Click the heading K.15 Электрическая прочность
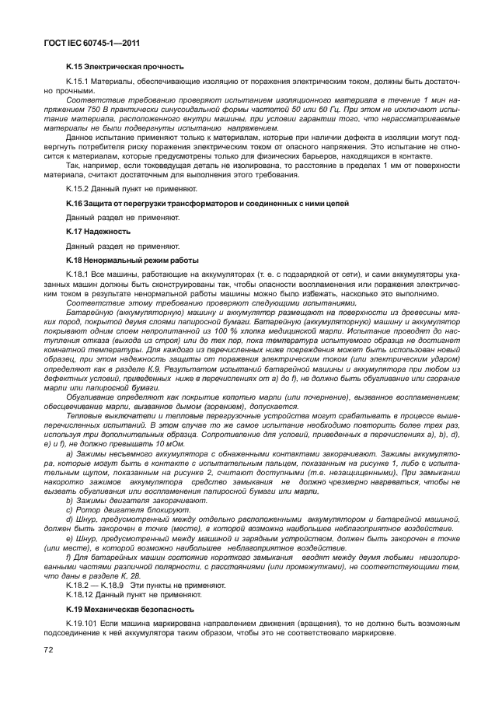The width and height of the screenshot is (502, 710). click(x=124, y=68)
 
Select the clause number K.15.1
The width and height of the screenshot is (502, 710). click(x=78, y=81)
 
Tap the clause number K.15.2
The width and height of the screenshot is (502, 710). click(x=78, y=189)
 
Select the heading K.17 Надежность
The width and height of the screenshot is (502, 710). click(x=98, y=232)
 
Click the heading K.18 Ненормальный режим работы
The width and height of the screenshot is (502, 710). click(x=132, y=260)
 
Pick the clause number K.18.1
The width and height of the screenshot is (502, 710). click(x=78, y=275)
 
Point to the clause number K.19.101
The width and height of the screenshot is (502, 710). click(x=82, y=623)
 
